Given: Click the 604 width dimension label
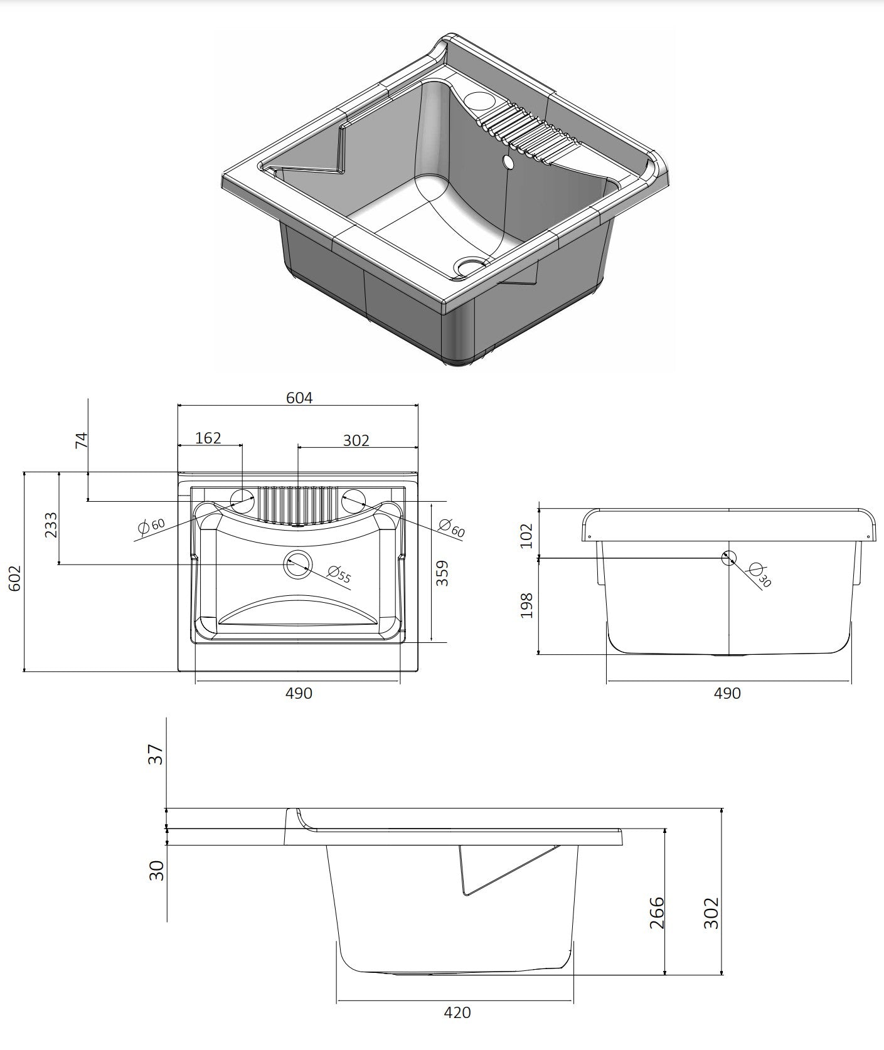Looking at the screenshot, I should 299,398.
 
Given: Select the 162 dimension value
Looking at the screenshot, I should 208,438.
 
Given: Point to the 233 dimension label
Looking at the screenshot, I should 51,526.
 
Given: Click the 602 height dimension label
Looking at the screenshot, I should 15,578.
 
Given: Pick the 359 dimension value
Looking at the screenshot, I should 443,573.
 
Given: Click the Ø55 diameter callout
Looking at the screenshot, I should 339,573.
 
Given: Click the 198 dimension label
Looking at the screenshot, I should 527,605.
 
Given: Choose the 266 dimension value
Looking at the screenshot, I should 656,913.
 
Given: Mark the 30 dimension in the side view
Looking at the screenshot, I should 156,870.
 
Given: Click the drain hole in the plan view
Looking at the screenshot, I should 297,565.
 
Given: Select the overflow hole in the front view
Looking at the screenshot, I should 729,557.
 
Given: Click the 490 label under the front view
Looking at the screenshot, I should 728,693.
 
